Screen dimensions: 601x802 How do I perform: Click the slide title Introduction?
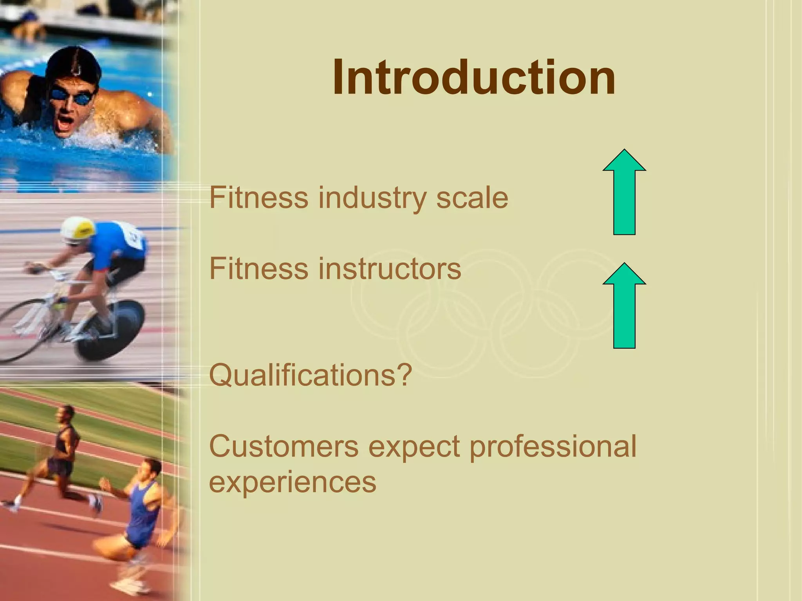[474, 77]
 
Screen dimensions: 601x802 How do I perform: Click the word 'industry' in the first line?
[372, 198]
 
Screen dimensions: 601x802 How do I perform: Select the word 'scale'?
[472, 198]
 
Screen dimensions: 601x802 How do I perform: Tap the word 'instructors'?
[390, 269]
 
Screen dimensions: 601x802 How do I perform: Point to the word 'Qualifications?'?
[311, 375]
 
